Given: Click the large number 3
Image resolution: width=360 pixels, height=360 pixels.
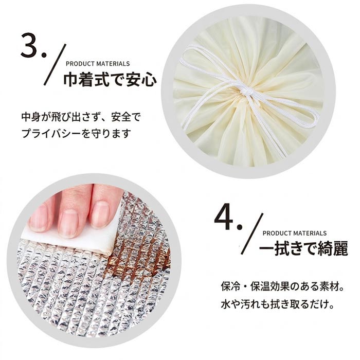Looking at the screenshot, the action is [x=30, y=45].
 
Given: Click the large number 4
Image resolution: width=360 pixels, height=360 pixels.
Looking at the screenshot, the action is [x=224, y=219].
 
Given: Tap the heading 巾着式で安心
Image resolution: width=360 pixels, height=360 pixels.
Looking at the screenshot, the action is [x=110, y=80].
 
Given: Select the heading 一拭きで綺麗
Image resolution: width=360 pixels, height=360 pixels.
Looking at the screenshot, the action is [x=303, y=248].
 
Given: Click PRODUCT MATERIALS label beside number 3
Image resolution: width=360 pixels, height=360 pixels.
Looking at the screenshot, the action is [x=98, y=64].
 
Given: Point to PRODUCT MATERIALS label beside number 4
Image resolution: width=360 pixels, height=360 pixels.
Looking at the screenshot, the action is [x=295, y=233].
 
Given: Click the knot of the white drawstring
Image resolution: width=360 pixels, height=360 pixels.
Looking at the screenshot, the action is [x=247, y=92].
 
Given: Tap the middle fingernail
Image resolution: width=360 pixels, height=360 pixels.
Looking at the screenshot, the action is [x=68, y=223].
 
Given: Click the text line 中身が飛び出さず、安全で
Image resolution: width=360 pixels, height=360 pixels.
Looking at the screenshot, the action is [x=81, y=117].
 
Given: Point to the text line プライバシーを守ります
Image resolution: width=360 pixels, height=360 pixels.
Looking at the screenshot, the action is [x=76, y=134].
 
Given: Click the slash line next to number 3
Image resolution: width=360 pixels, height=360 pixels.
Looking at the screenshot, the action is [x=55, y=64].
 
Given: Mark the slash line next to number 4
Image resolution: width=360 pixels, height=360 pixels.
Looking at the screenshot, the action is [x=252, y=233].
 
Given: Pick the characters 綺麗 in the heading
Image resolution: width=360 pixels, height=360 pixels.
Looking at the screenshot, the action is [x=333, y=248].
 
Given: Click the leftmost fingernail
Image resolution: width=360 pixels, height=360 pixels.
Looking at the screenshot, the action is [x=39, y=218].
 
